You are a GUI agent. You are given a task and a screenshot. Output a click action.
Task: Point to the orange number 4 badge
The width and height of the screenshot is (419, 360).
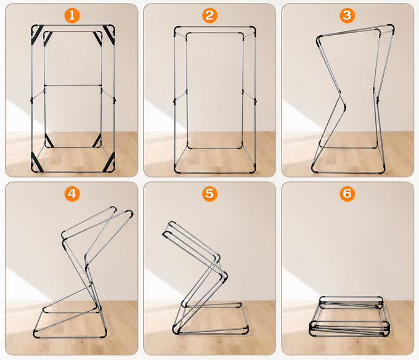[x=71, y=194]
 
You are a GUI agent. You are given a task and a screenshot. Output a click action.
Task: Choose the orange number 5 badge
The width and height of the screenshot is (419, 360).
[x=209, y=194]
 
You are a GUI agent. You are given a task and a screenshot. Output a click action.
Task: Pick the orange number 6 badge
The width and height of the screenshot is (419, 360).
[x=348, y=194]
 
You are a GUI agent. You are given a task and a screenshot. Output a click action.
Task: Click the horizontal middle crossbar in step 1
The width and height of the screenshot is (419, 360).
[x=72, y=85]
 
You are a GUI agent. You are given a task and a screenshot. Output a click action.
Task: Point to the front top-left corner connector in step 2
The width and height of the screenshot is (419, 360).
[x=177, y=29]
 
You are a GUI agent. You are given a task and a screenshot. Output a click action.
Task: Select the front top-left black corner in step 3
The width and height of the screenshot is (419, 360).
[x=319, y=40]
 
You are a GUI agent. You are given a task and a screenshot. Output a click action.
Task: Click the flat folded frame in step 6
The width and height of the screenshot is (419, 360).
[x=349, y=321]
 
